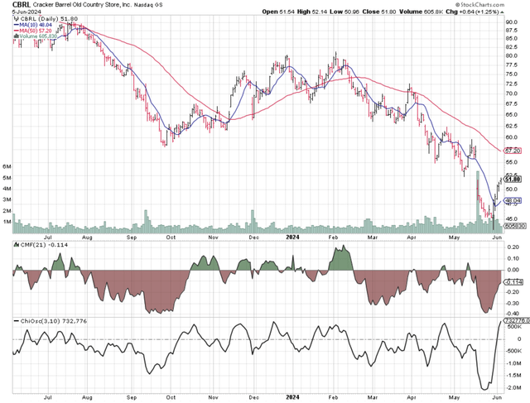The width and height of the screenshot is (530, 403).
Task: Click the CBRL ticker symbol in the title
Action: pos(12,5)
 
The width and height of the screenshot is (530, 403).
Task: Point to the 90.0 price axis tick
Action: pos(512,22)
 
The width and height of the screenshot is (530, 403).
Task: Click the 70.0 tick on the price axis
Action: pos(512,94)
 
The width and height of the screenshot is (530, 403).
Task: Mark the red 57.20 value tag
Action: pos(513,151)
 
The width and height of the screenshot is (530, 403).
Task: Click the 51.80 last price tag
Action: pos(513,178)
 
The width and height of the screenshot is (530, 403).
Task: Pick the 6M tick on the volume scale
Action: pos(7,166)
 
